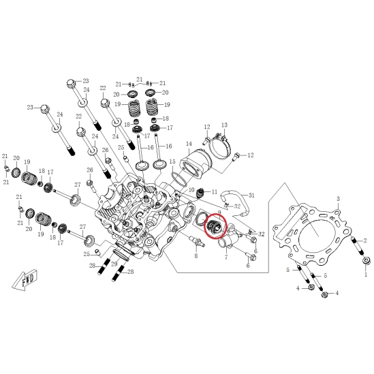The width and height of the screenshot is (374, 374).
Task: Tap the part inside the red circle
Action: click(215, 225)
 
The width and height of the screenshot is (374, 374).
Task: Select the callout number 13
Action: click(224, 125)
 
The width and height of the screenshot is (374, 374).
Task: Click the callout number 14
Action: click(189, 144)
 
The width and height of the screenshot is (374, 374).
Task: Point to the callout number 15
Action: click(172, 161)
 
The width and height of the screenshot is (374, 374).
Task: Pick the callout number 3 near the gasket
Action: click(338, 199)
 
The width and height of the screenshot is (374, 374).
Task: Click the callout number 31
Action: click(251, 196)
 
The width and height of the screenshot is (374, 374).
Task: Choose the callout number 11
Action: click(215, 192)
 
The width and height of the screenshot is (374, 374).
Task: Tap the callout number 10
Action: click(191, 190)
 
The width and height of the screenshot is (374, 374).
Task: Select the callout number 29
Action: click(114, 264)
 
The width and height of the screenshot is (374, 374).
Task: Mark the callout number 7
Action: click(226, 257)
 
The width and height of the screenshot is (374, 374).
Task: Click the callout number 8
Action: click(196, 256)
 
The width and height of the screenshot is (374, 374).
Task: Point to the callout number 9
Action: click(219, 212)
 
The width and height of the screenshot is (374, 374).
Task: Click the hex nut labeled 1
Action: click(366, 260)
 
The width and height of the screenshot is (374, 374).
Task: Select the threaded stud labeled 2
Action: click(356, 245)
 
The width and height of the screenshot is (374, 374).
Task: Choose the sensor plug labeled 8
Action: click(196, 241)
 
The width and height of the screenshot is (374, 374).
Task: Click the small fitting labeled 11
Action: click(200, 193)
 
